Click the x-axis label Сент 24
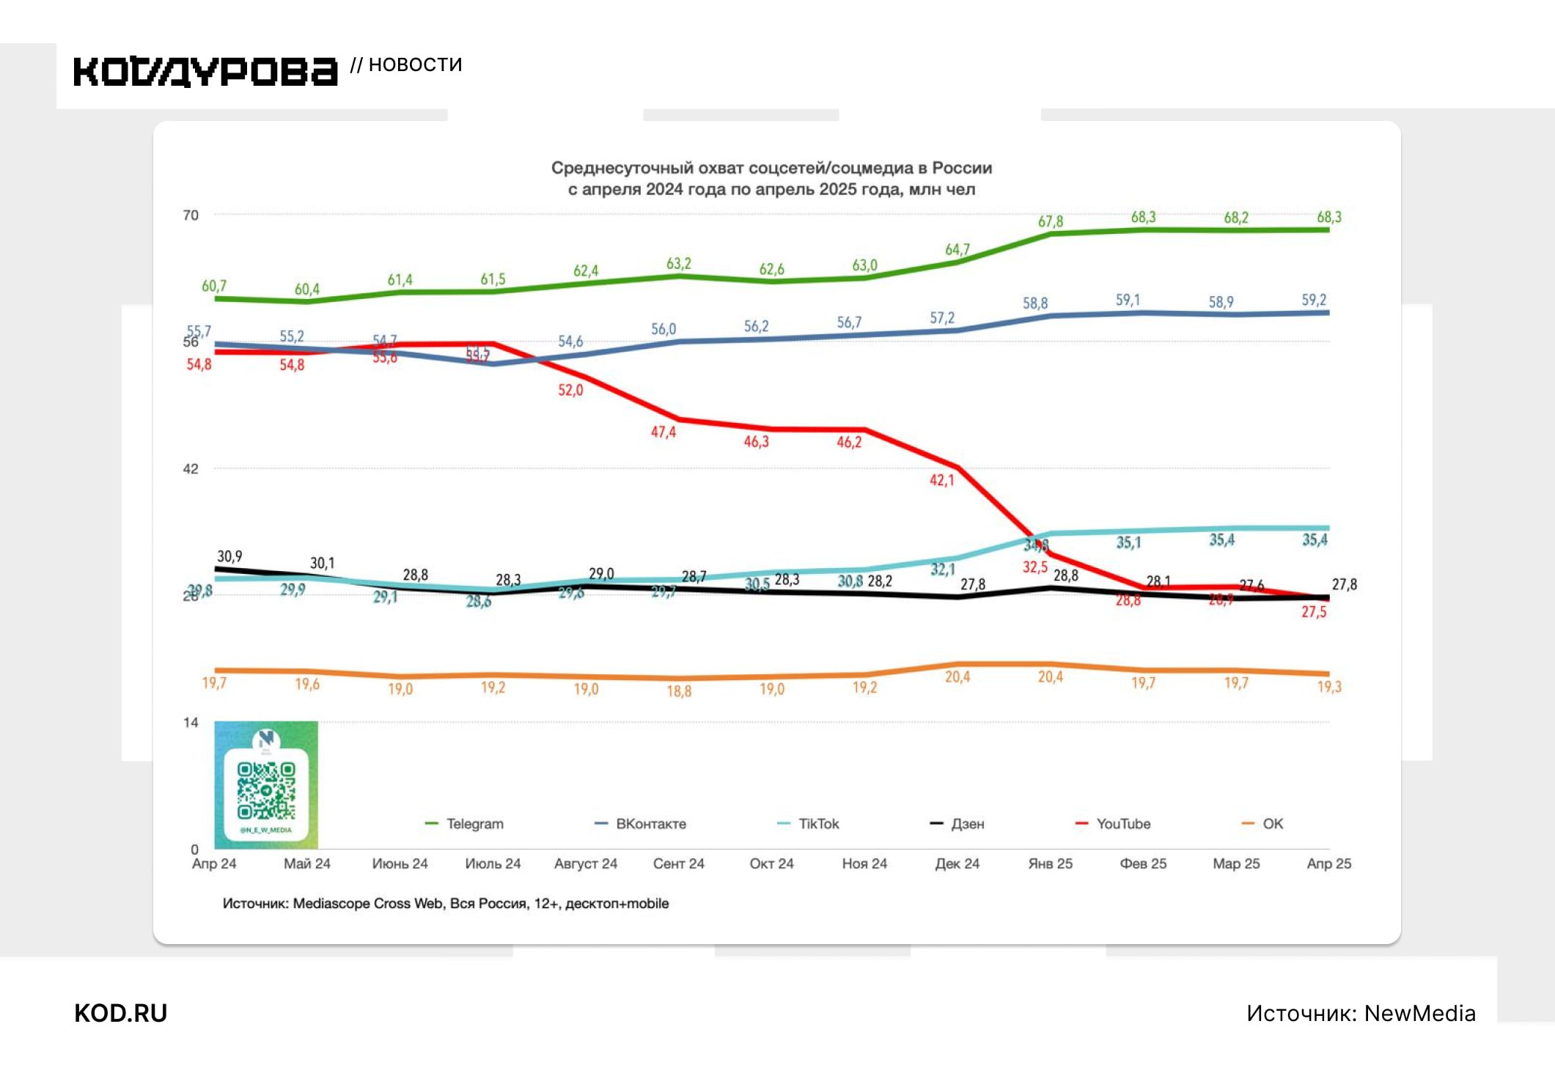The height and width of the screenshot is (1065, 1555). pyautogui.click(x=678, y=863)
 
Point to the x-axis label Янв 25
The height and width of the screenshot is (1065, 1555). pyautogui.click(x=1050, y=863)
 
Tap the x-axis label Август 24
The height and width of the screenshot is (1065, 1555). pyautogui.click(x=585, y=863)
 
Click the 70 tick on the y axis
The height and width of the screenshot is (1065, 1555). pyautogui.click(x=191, y=215)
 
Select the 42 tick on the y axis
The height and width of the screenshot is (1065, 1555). pyautogui.click(x=191, y=469)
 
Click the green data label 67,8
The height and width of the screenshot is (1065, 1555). pyautogui.click(x=1050, y=221)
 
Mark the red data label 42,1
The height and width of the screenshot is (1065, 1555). pyautogui.click(x=941, y=481)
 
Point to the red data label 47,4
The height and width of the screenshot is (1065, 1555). pyautogui.click(x=663, y=432)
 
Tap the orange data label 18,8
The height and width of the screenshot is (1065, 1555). pyautogui.click(x=678, y=691)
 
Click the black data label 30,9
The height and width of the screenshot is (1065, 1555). pyautogui.click(x=229, y=557)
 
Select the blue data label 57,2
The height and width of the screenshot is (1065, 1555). pyautogui.click(x=942, y=318)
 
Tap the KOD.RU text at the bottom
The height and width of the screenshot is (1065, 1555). pyautogui.click(x=121, y=1013)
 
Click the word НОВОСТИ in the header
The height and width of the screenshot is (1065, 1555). pyautogui.click(x=415, y=65)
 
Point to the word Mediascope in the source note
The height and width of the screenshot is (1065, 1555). pyautogui.click(x=331, y=904)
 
